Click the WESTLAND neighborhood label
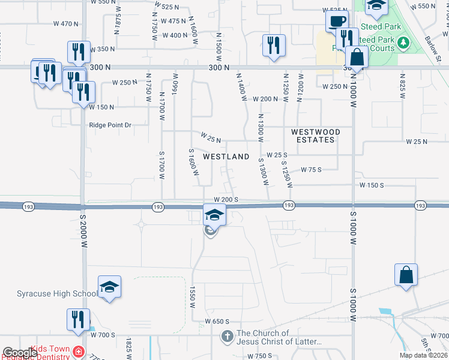pyautogui.click(x=226, y=157)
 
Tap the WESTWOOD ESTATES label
pyautogui.click(x=315, y=136)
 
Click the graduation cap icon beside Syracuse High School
pyautogui.click(x=109, y=288)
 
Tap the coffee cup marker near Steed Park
pyautogui.click(x=337, y=22)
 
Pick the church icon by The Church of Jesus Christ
pyautogui.click(x=228, y=337)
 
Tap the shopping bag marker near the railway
pyautogui.click(x=406, y=275)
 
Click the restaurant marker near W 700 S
pyautogui.click(x=78, y=319)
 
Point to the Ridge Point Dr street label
pyautogui.click(x=110, y=125)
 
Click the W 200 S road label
pyautogui.click(x=226, y=199)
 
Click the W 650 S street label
pyautogui.click(x=217, y=322)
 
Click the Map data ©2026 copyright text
pyautogui.click(x=423, y=355)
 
